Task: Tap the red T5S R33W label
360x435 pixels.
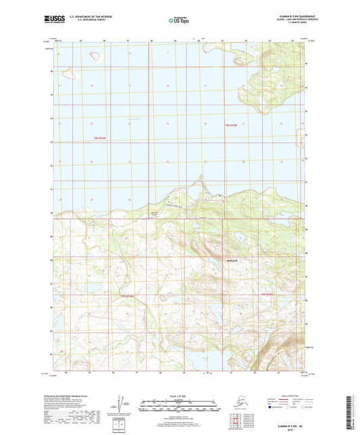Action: click(x=100, y=138)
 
